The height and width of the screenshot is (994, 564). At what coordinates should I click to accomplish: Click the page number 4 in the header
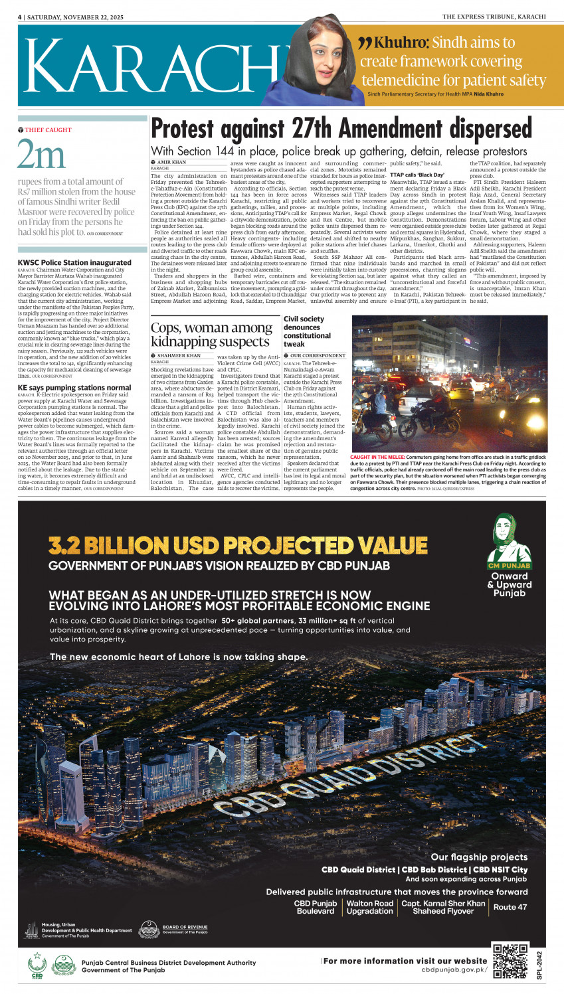[19, 17]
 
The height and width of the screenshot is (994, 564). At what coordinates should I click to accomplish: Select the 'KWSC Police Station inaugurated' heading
[74, 263]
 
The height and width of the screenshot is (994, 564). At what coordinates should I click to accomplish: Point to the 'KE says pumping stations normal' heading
[74, 388]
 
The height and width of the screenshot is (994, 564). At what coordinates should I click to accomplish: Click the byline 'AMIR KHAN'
[171, 162]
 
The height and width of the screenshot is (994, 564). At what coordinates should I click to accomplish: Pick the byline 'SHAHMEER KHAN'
[179, 356]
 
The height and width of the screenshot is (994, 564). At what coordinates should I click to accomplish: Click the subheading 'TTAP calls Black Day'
[417, 175]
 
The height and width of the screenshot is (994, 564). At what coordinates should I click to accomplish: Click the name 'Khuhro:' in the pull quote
[401, 43]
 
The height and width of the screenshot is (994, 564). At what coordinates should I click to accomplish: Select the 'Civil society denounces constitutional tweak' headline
[308, 331]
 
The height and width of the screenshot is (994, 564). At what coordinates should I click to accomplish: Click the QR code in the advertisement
[510, 960]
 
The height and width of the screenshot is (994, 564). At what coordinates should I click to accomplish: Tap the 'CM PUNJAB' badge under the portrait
[509, 566]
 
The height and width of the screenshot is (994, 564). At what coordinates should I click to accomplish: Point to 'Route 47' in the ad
[510, 907]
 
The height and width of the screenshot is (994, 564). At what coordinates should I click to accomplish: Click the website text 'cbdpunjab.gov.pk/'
[454, 970]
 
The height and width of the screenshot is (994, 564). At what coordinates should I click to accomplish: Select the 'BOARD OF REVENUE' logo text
[185, 927]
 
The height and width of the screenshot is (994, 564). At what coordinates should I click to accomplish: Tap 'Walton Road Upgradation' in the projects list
[369, 907]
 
